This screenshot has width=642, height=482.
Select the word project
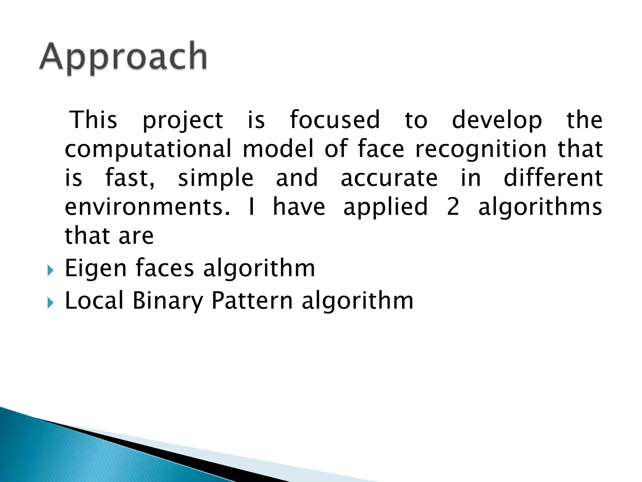point(183,121)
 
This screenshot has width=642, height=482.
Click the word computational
point(148,149)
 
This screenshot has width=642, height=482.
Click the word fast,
point(130,178)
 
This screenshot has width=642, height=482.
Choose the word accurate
point(389,178)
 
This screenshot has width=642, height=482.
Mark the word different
point(553,177)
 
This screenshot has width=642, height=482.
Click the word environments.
point(147,207)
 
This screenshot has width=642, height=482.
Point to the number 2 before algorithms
point(453,207)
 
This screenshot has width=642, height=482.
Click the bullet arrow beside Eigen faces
point(50,270)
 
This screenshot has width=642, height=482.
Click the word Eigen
point(96,269)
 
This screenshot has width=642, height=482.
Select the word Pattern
point(252,301)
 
